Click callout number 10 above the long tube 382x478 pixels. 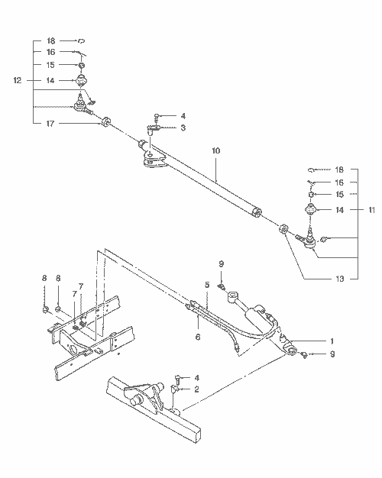tap(215, 151)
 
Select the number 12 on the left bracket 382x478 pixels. tap(17, 80)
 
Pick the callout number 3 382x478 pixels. tap(183, 128)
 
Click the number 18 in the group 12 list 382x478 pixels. tap(50, 40)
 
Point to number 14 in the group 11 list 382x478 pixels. tap(339, 208)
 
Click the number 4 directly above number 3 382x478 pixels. tap(183, 116)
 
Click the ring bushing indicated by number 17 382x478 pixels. tap(106, 122)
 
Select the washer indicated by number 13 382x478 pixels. tap(283, 228)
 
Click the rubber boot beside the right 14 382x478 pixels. tap(312, 210)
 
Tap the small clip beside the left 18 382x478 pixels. tap(83, 40)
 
